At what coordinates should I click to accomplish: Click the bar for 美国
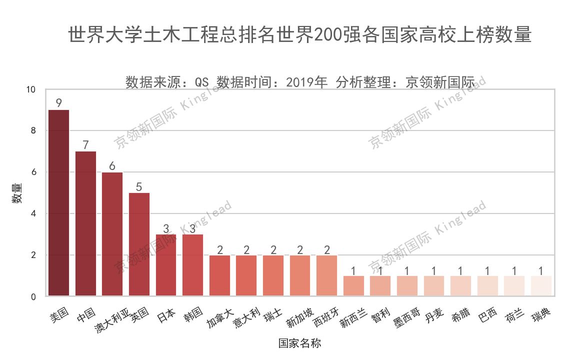pos(58,203)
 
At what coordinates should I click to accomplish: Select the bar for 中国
pos(85,223)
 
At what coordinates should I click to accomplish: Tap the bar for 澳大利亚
pos(112,234)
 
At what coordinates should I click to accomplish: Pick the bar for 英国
pos(139,244)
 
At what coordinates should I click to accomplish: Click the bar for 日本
pos(166,265)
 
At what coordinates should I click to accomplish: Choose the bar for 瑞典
pos(541,286)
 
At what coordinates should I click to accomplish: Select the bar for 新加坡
pos(300,275)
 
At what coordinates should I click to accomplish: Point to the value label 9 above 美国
pos(58,103)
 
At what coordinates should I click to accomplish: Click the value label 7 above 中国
pos(85,145)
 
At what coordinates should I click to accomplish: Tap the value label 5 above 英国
pos(139,186)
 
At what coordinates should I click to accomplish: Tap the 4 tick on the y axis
pos(33,213)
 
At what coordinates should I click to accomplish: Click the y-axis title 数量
pos(16,193)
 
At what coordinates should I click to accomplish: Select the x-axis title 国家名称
pos(300,343)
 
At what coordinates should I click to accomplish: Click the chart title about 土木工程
pos(299,35)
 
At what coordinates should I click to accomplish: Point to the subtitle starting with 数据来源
pos(299,81)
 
